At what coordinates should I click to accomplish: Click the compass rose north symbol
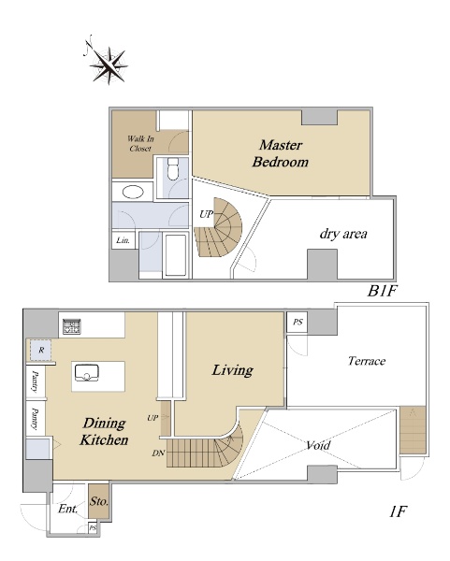click(x=109, y=61)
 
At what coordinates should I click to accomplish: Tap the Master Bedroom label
click(x=281, y=153)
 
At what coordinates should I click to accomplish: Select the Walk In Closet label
click(x=140, y=143)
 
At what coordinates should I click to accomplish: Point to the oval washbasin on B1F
click(x=133, y=192)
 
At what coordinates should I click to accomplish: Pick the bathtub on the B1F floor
click(x=176, y=255)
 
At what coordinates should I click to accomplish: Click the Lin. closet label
click(x=123, y=240)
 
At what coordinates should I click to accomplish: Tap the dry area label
click(x=343, y=234)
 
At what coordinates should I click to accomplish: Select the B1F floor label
click(x=383, y=291)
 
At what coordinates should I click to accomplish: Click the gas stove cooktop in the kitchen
click(x=72, y=326)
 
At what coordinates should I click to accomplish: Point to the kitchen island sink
click(x=87, y=373)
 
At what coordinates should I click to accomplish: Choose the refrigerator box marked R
click(x=41, y=351)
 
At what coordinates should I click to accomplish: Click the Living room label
click(x=232, y=370)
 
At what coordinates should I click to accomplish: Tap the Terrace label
click(x=367, y=361)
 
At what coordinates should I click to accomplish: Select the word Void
click(x=318, y=445)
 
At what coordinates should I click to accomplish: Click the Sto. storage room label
click(x=98, y=501)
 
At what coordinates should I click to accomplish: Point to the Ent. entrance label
click(x=67, y=509)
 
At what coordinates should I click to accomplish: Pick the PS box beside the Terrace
click(x=298, y=322)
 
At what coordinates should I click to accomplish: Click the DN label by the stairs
click(x=158, y=453)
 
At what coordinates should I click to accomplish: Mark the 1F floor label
click(x=399, y=511)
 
